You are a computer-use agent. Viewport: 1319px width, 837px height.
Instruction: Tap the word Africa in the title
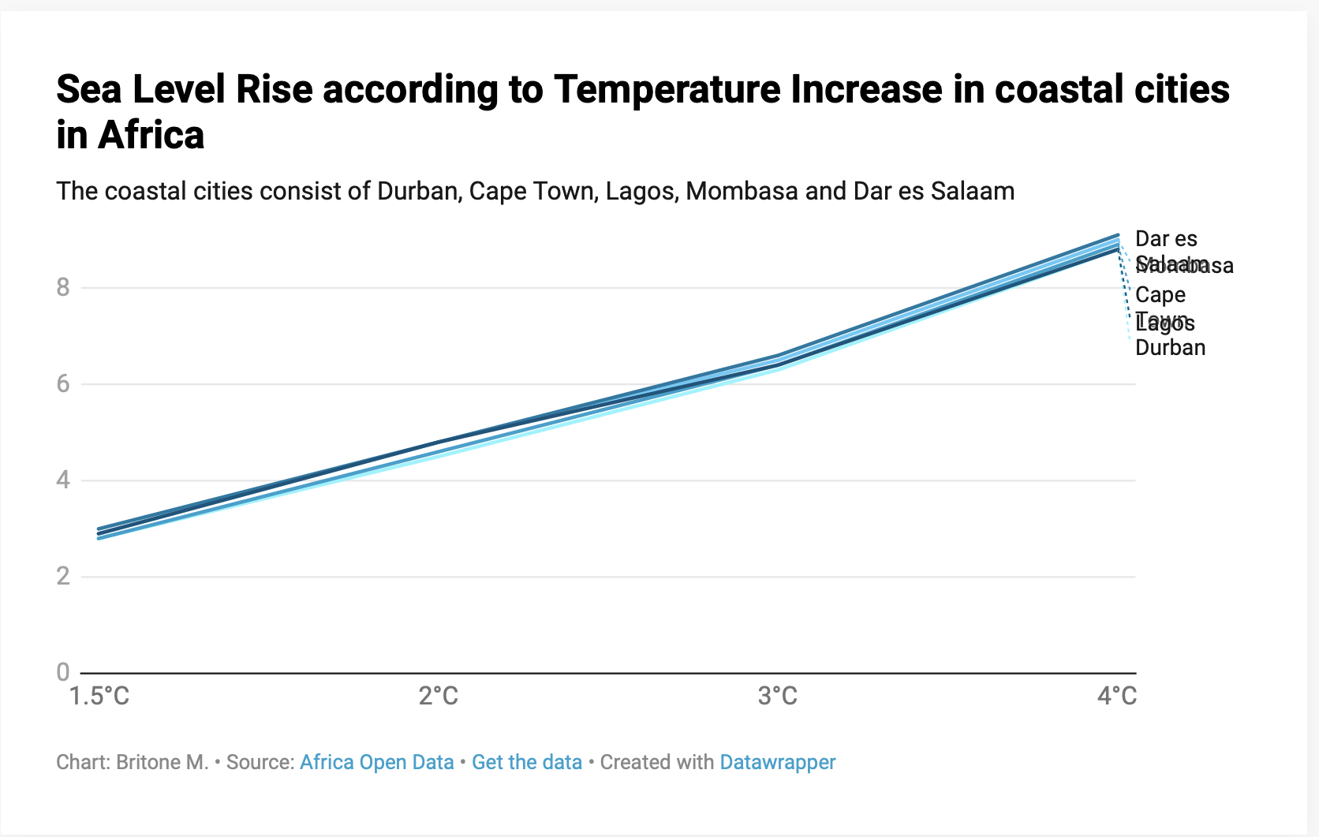[x=151, y=135]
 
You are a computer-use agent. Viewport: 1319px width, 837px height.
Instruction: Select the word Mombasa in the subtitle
[x=742, y=191]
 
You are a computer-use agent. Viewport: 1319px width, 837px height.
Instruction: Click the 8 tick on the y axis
[x=63, y=287]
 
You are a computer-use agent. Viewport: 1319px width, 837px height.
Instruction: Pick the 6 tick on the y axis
[x=63, y=383]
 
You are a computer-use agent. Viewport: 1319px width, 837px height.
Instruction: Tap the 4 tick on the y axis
[x=63, y=480]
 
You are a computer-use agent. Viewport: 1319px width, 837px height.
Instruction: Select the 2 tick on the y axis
[x=63, y=576]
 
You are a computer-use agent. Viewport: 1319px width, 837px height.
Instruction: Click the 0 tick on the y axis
[x=63, y=672]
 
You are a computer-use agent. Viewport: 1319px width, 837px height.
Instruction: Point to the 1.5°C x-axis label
[x=99, y=696]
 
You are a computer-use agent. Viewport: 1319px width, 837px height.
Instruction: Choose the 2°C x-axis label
[x=439, y=696]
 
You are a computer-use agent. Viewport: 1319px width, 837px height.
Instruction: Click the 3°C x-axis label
[x=778, y=696]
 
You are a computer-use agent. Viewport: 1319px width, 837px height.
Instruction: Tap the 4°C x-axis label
[x=1117, y=696]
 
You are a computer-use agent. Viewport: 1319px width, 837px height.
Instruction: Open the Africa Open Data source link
[x=376, y=762]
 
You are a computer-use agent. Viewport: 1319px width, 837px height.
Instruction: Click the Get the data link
[x=527, y=762]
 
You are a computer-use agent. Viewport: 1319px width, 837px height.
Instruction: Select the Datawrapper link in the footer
[x=778, y=762]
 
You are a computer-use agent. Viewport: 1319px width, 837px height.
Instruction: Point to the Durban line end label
[x=1170, y=348]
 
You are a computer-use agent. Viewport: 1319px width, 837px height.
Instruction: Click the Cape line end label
[x=1160, y=295]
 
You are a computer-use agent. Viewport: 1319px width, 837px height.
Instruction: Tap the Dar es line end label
[x=1166, y=239]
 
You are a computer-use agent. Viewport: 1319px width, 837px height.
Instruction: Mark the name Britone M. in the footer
[x=163, y=762]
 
